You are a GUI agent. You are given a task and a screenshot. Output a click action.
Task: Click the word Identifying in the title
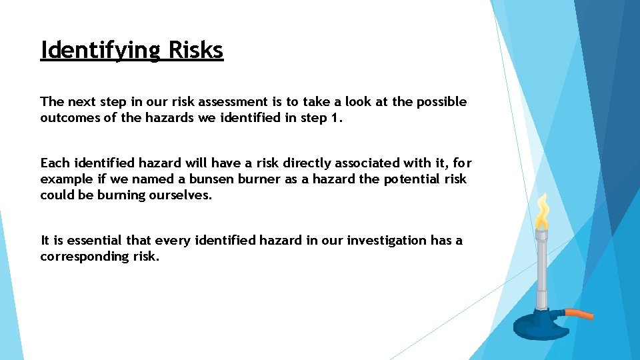pyautogui.click(x=101, y=50)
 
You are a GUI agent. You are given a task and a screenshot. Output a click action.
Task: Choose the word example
pyautogui.click(x=65, y=179)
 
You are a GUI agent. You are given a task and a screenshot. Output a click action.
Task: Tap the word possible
pyautogui.click(x=441, y=102)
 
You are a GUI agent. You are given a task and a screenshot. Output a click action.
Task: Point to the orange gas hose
pyautogui.click(x=578, y=313)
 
